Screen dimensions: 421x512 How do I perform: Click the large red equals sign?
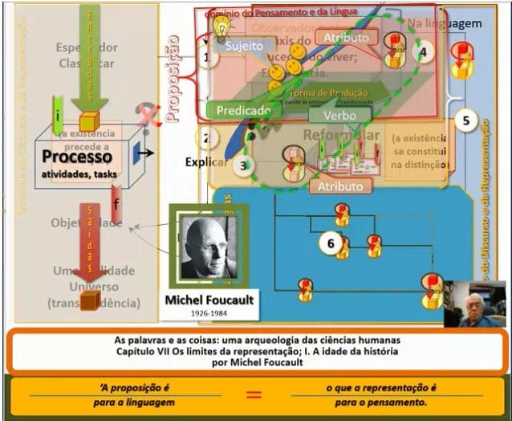254,394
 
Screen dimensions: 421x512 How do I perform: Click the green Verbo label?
340,115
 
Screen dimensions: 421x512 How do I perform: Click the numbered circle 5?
466,121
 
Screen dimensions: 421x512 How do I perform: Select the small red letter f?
116,203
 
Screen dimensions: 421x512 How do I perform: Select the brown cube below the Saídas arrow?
90,300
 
